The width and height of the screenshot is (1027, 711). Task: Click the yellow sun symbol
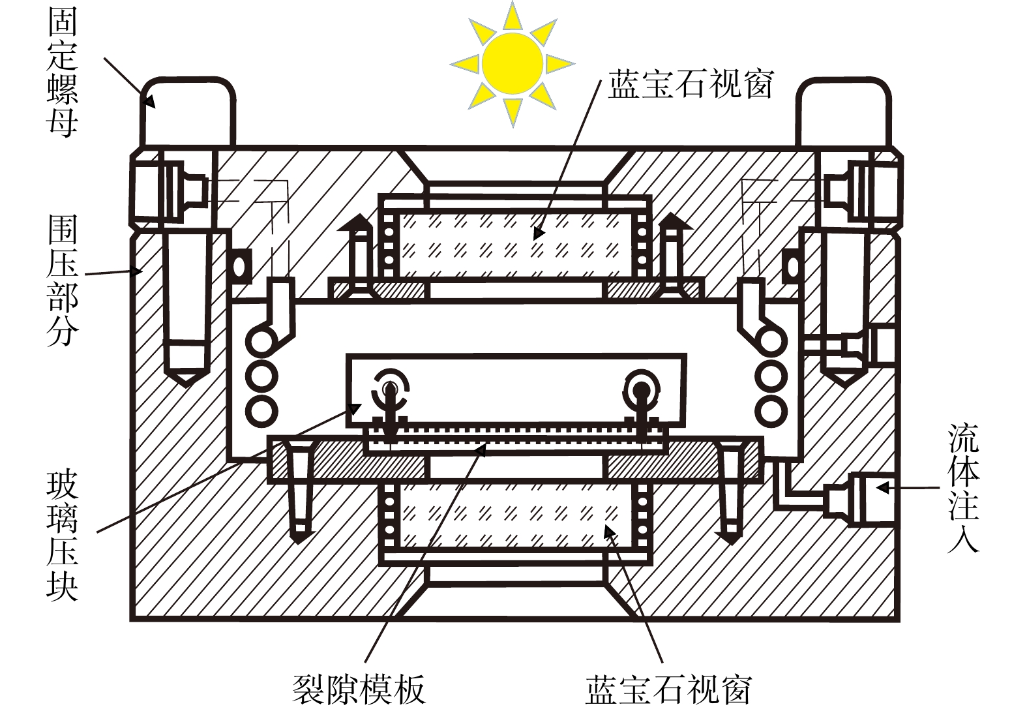(513, 63)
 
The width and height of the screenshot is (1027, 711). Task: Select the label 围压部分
(63, 282)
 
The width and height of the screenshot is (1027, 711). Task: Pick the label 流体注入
(963, 487)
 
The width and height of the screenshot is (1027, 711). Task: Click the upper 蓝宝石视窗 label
(690, 85)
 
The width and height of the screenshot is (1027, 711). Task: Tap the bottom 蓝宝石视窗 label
(669, 689)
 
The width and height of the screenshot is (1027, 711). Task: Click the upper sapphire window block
(513, 245)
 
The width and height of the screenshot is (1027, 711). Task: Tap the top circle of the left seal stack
(261, 340)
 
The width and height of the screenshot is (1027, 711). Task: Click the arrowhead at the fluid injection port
(882, 487)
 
